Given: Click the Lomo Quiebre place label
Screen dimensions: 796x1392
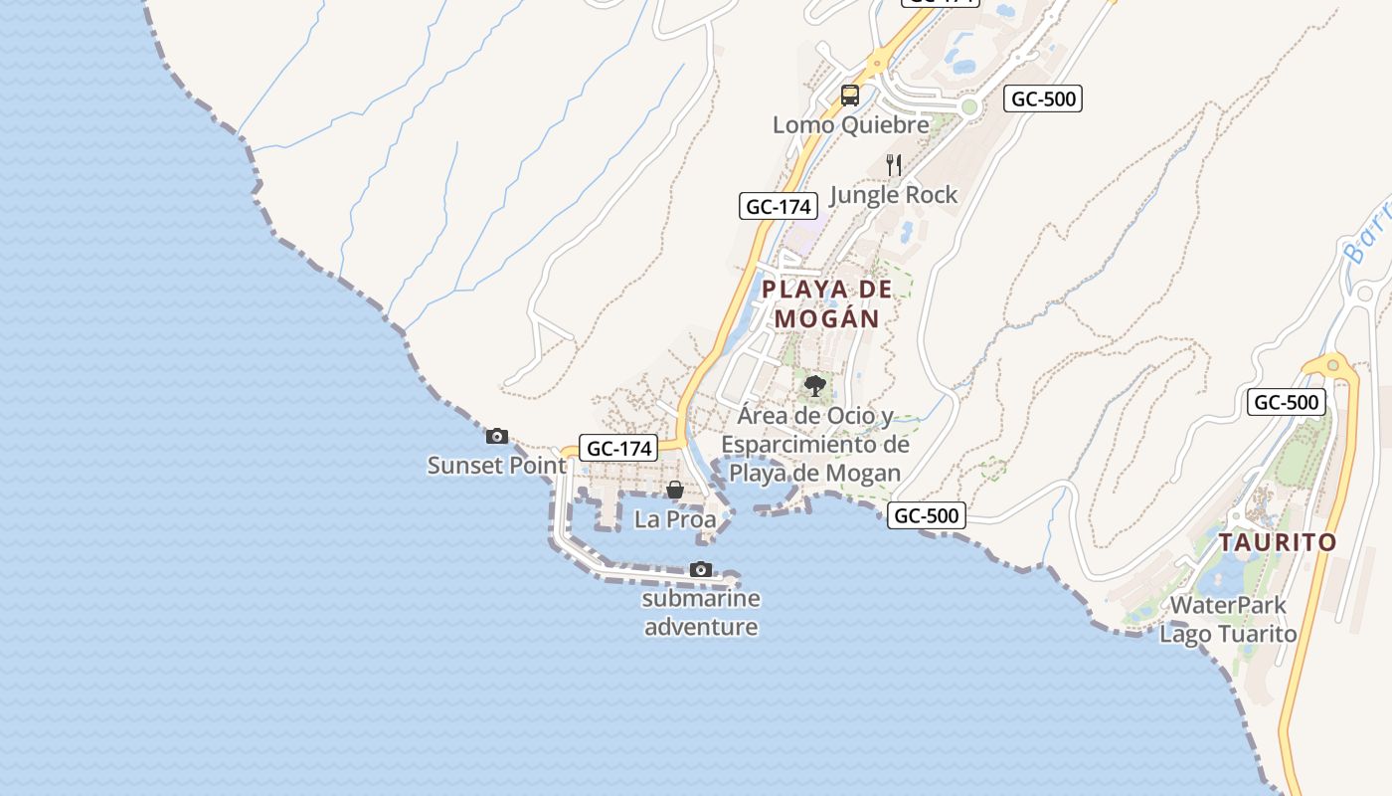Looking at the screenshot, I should (x=851, y=124).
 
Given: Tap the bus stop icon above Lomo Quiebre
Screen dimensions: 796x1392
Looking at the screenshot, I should (x=849, y=96).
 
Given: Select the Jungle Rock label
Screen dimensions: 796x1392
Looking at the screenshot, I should (x=893, y=194).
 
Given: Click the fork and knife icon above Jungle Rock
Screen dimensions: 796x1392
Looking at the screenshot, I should (x=894, y=165).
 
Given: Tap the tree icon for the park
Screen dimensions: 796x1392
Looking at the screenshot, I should (x=815, y=385).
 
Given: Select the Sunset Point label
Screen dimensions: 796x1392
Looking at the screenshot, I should (x=496, y=465).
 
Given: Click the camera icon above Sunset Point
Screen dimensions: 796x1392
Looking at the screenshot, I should (x=496, y=436).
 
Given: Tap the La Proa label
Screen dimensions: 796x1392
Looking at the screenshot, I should (x=675, y=519).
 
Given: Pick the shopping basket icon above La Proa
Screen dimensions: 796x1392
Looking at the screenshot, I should (x=675, y=490).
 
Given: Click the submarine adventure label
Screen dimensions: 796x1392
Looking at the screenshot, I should (x=701, y=612).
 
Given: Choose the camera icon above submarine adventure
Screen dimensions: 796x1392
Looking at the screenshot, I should (x=701, y=570).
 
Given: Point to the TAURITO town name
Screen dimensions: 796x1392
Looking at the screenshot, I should (x=1278, y=542).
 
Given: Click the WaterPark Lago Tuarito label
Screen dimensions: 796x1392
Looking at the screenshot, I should (x=1228, y=619).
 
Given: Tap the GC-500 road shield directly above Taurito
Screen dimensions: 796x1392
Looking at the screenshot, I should (x=1287, y=402).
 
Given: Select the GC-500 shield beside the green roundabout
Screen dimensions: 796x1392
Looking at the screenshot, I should (x=1043, y=99).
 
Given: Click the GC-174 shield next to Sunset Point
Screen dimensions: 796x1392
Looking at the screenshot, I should (x=619, y=448).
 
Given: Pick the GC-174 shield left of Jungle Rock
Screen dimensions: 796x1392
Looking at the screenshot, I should (x=779, y=207).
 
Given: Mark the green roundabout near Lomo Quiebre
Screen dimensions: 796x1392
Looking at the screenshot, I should (x=969, y=106).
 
